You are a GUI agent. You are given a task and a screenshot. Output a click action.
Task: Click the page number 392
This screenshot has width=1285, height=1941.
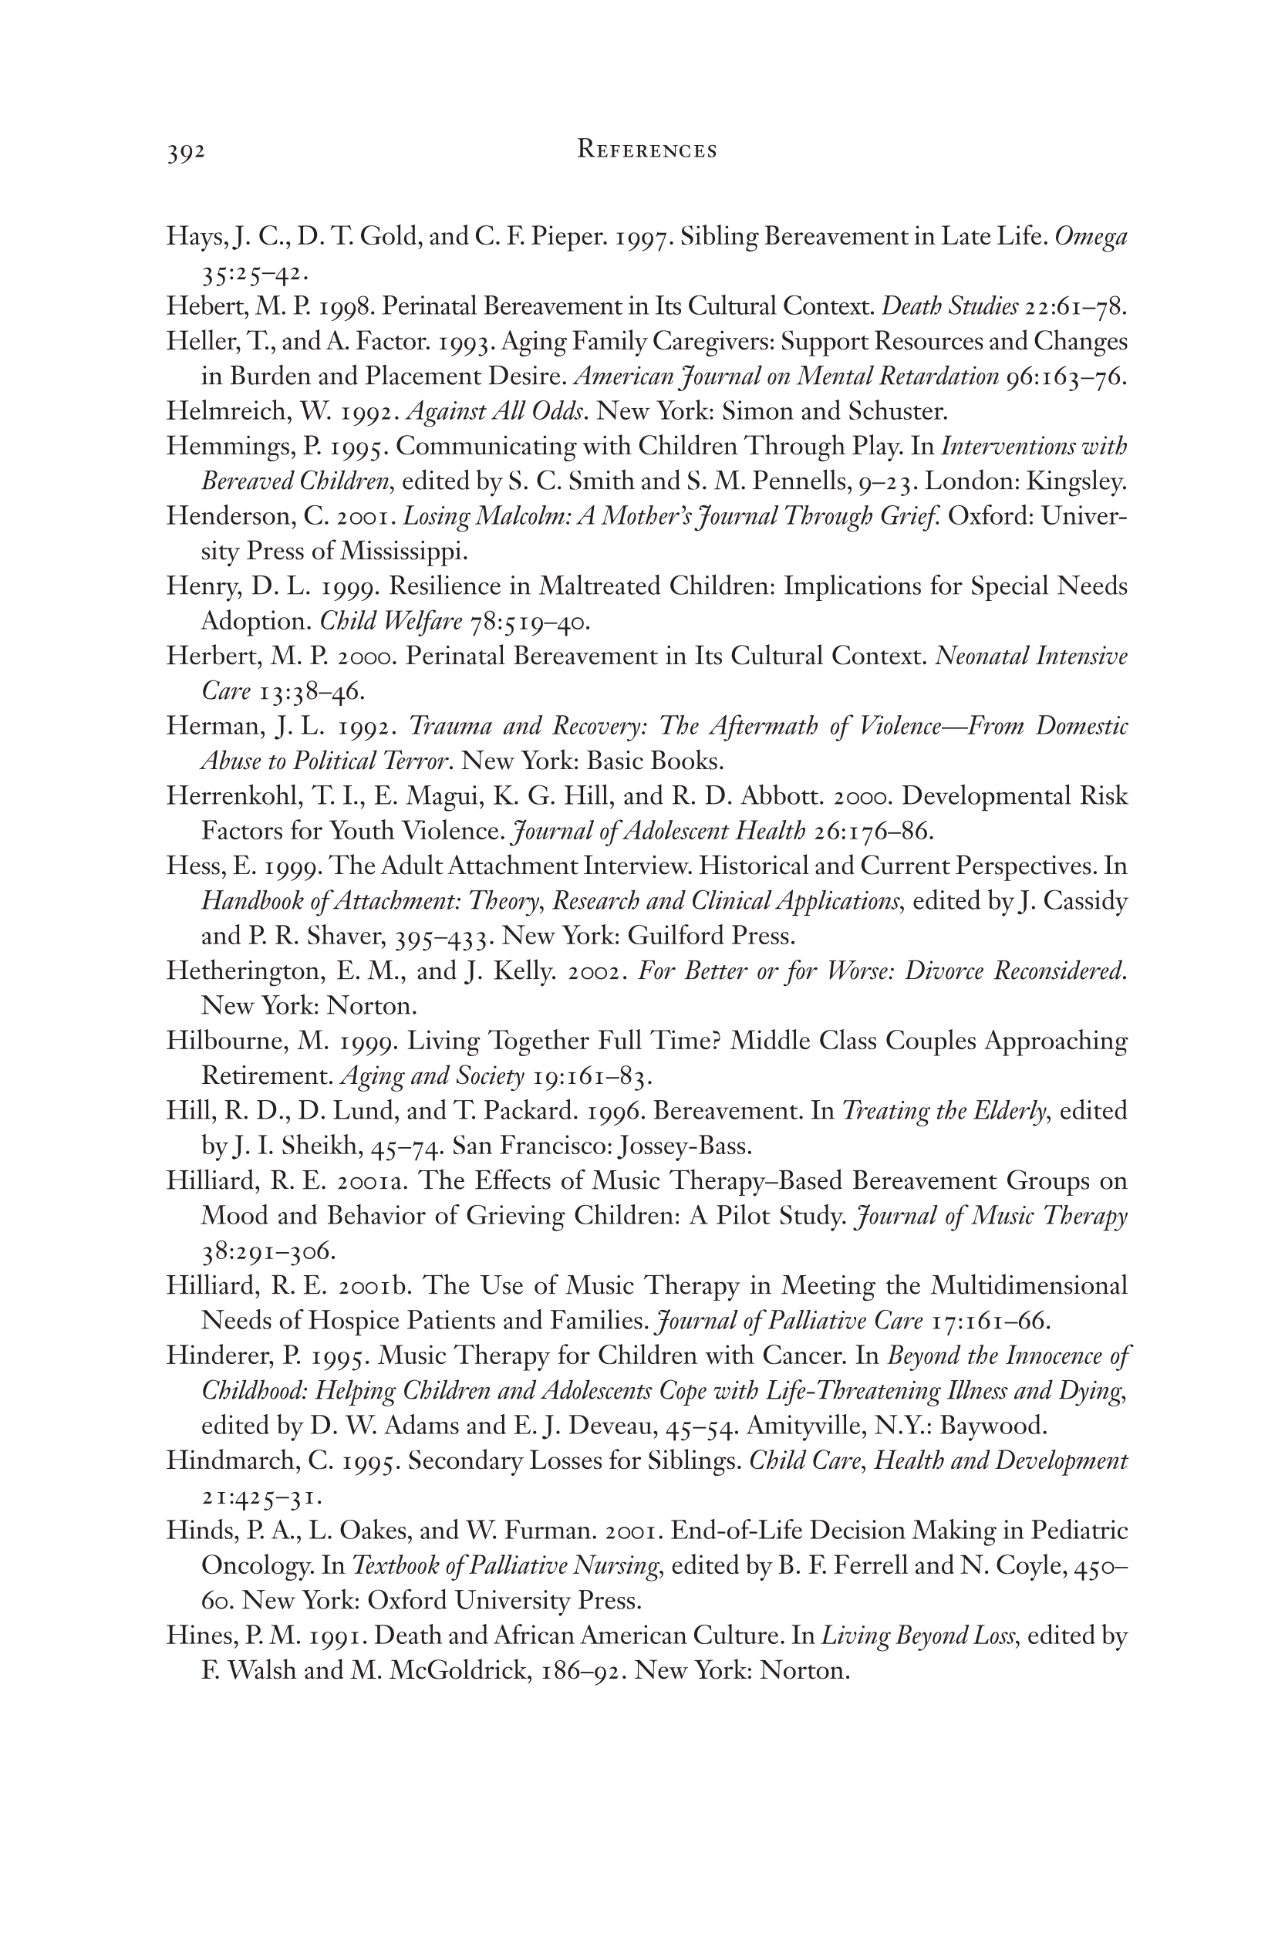pyautogui.click(x=185, y=153)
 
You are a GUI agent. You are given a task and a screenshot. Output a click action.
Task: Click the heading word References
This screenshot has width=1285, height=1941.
pyautogui.click(x=646, y=150)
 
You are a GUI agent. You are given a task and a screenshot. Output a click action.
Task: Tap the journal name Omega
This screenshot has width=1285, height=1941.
pyautogui.click(x=1091, y=238)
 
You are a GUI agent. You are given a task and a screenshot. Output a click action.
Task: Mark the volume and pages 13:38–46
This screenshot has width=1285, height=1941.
pyautogui.click(x=311, y=691)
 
